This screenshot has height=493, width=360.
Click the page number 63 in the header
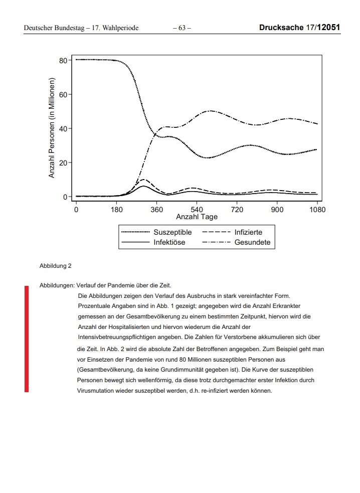(x=182, y=28)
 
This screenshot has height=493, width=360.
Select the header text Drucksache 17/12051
(x=300, y=28)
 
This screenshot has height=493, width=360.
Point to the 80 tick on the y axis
(x=63, y=60)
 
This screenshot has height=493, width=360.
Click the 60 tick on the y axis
(x=63, y=94)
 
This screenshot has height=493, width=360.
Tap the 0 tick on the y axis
(x=65, y=197)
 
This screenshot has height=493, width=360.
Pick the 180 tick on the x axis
(x=116, y=209)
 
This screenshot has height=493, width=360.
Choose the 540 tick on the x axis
(x=197, y=209)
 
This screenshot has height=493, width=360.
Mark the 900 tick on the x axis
(x=277, y=209)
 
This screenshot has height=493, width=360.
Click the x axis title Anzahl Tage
(x=197, y=217)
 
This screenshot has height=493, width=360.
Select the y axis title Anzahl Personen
(x=52, y=128)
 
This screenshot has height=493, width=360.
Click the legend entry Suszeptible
(x=172, y=232)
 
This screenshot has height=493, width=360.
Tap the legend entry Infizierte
(x=248, y=232)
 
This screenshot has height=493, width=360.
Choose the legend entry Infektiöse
(x=169, y=242)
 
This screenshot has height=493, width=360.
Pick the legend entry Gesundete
(x=252, y=242)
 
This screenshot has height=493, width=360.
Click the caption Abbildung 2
(x=55, y=266)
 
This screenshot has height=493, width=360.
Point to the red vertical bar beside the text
(x=27, y=339)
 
